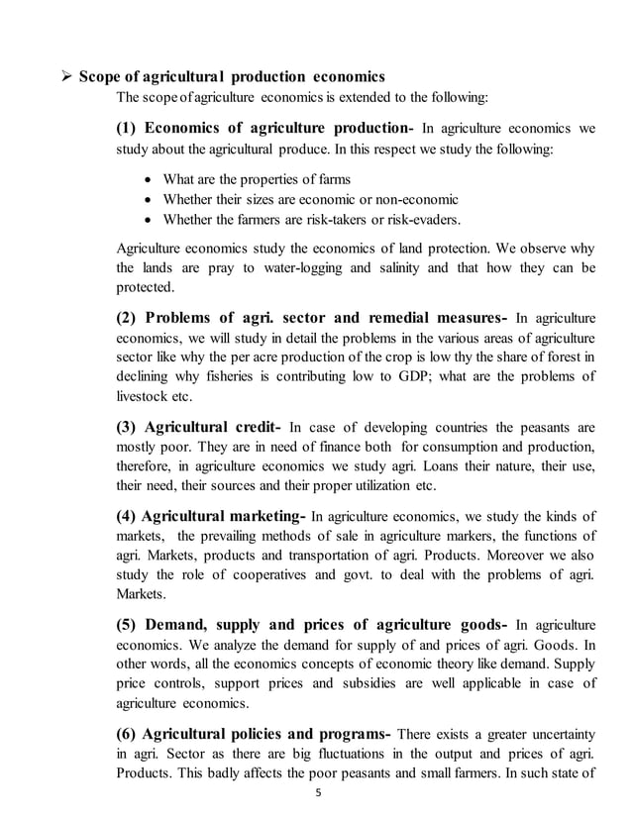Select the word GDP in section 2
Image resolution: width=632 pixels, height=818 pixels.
click(x=428, y=376)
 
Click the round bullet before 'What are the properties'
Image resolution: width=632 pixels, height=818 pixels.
click(x=149, y=179)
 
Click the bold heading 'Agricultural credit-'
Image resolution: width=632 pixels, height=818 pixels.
click(x=213, y=427)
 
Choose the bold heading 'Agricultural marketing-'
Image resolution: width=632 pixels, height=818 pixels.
click(x=224, y=516)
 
